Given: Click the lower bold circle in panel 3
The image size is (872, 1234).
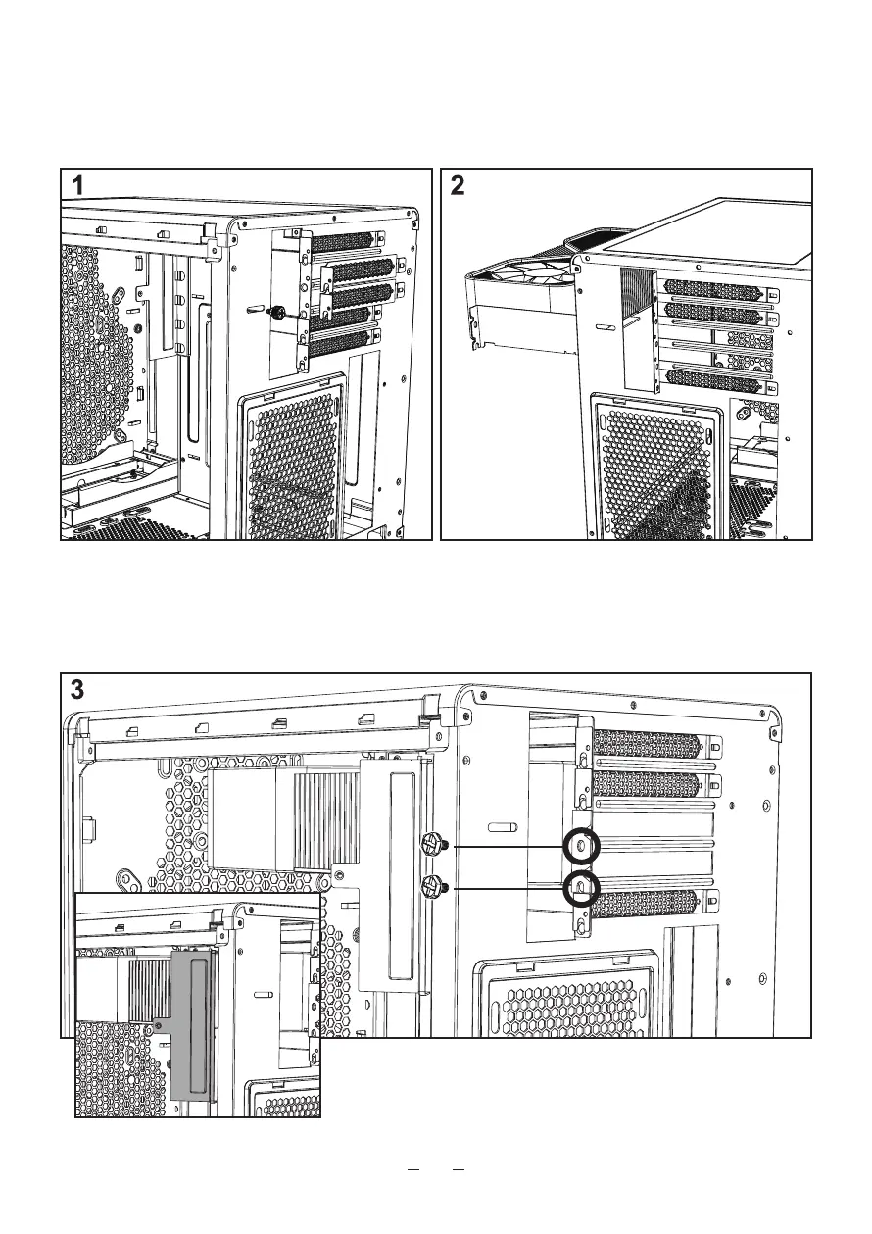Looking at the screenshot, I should coord(583,888).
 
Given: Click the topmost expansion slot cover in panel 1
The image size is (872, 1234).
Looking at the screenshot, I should coord(345,242).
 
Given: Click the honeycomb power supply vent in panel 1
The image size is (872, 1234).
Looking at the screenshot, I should coord(294,461).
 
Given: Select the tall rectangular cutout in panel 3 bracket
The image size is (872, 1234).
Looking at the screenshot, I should coord(402,872).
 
